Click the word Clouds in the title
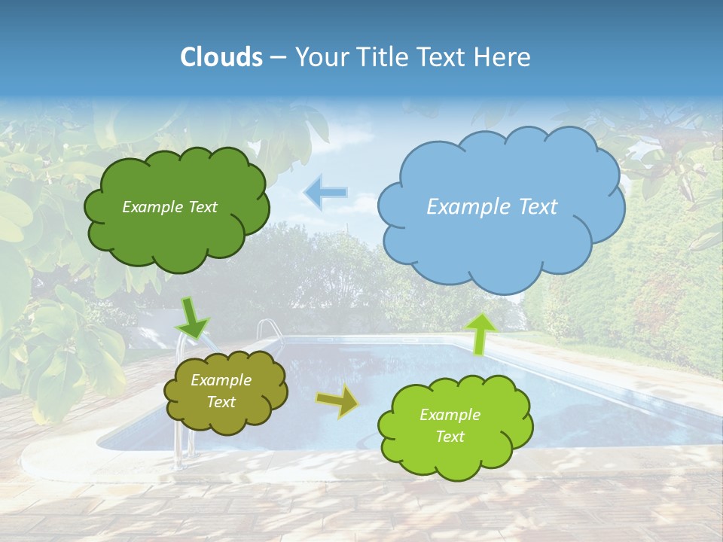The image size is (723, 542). click(221, 57)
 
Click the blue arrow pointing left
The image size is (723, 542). click(326, 193)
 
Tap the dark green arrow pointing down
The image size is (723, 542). click(193, 317)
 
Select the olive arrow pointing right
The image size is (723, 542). click(338, 402)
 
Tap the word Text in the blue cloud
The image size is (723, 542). click(535, 207)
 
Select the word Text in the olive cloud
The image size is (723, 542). click(221, 402)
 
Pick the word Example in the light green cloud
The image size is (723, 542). click(450, 415)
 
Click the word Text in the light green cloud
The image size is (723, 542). click(450, 437)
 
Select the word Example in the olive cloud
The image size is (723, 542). click(221, 380)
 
